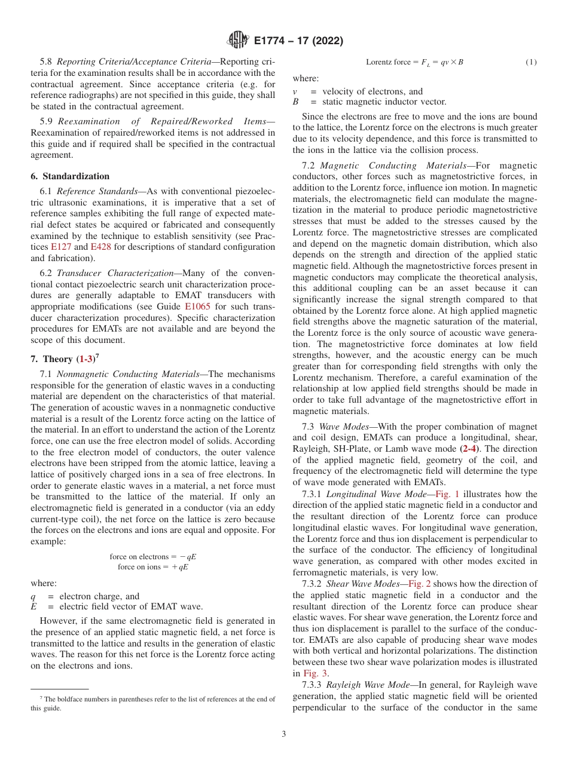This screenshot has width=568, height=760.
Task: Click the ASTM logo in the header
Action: click(x=238, y=41)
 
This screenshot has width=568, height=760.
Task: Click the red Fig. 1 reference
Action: click(x=447, y=494)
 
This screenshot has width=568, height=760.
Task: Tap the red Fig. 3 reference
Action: click(x=316, y=673)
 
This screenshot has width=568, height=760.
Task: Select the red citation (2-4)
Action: click(x=470, y=449)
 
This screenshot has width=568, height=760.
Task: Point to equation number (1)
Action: click(x=531, y=62)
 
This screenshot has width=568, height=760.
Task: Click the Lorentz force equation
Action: click(x=414, y=62)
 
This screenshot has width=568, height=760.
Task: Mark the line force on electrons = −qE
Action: click(x=153, y=556)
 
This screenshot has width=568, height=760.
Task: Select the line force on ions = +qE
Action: click(x=153, y=566)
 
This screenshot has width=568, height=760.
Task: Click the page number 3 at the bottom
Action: click(x=284, y=734)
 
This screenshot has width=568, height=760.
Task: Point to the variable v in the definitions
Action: click(x=295, y=91)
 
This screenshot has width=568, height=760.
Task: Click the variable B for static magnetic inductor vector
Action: click(x=295, y=102)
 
